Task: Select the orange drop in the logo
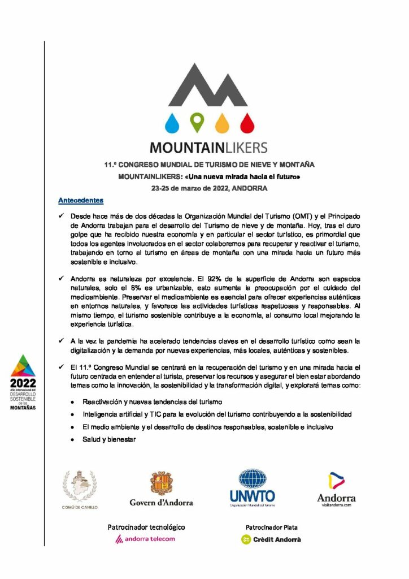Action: pos(222,122)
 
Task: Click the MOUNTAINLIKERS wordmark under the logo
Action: pos(208,148)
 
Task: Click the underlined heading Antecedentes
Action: pos(81,201)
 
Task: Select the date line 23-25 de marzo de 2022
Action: pos(209,187)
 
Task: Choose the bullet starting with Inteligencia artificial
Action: pos(217,414)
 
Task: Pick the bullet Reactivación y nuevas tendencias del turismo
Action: pos(152,401)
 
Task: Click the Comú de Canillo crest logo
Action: pos(79,490)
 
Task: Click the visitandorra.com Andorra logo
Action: pos(336,489)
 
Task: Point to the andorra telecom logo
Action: pos(145,539)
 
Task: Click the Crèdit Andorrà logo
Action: pos(271,539)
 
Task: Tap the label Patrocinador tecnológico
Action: pos(146,527)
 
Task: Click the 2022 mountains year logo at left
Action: pos(23,382)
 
